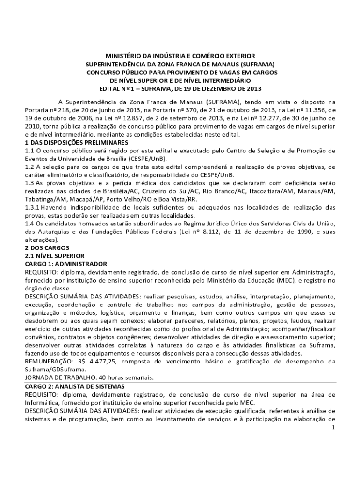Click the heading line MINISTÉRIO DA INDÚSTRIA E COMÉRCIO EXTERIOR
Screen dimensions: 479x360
[x=180, y=56]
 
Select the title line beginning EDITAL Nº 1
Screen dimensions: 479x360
[x=180, y=88]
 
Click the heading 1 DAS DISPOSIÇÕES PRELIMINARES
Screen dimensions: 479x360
[x=76, y=142]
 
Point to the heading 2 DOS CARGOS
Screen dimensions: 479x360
[x=47, y=247]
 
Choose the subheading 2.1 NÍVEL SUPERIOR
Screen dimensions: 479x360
[x=54, y=256]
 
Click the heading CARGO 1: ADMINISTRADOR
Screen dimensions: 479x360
[x=66, y=264]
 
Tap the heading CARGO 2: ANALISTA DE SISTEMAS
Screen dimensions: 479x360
[x=75, y=386]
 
